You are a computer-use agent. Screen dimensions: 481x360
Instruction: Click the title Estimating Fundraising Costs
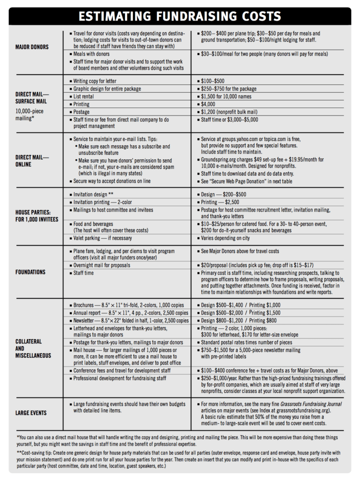pos(180,16)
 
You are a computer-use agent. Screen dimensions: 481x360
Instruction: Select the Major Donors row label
pos(31,47)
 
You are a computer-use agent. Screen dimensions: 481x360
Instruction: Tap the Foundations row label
pos(30,272)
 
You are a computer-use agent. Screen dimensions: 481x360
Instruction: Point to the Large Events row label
pos(31,413)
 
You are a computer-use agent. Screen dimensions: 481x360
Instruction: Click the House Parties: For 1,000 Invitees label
pos(37,216)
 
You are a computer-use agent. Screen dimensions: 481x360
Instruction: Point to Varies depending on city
pos(225,238)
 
